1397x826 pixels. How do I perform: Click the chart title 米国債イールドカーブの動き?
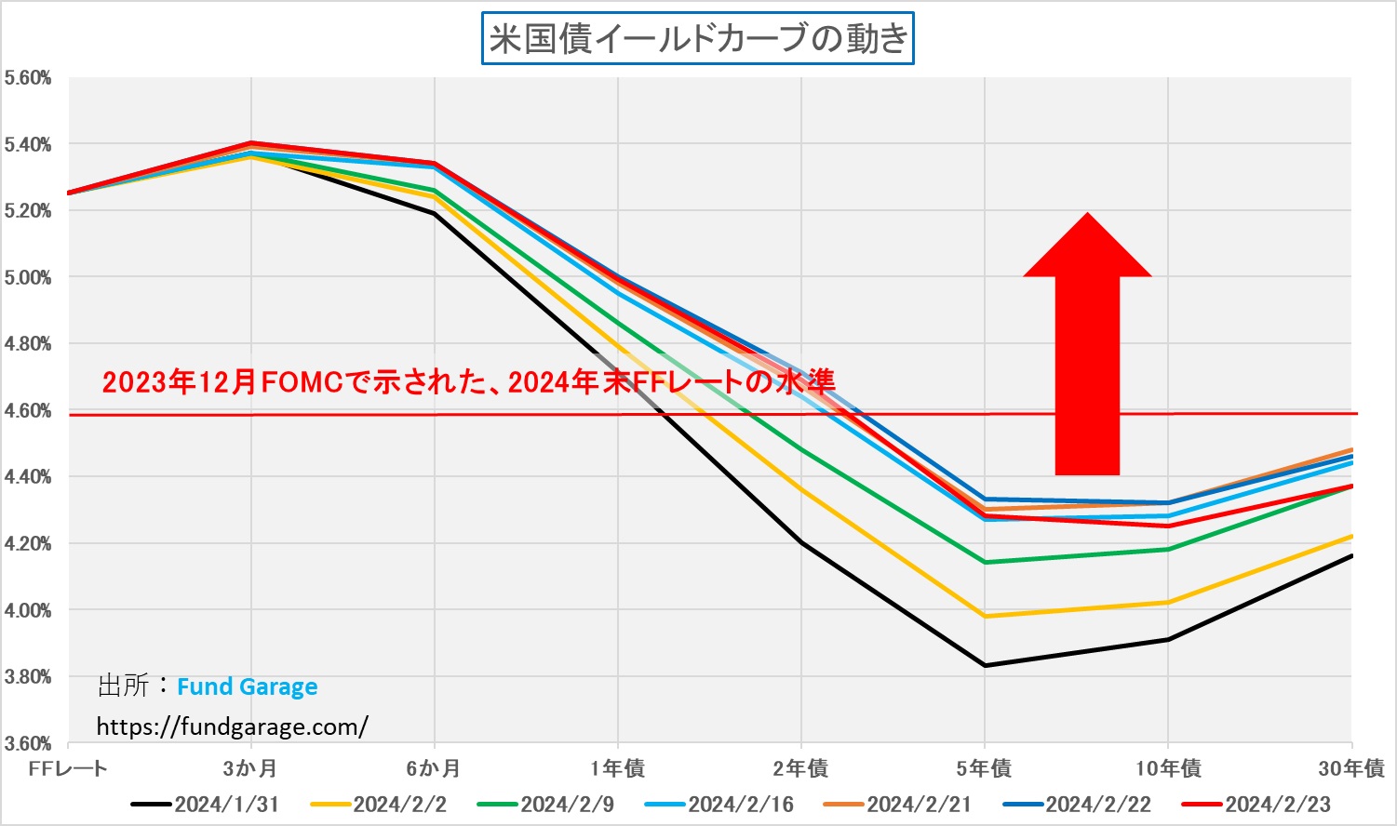click(x=697, y=38)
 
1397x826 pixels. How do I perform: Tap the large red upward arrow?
click(x=1087, y=353)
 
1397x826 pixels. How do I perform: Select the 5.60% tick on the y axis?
click(x=27, y=78)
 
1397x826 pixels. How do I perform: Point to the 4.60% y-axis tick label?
click(x=27, y=410)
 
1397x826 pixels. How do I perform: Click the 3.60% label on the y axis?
click(x=27, y=743)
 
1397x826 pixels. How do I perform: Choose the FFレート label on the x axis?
click(x=68, y=768)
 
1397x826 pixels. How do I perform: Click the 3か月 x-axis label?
click(x=250, y=768)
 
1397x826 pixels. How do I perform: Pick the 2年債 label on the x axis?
click(x=800, y=768)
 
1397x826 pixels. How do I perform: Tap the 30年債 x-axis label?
click(x=1350, y=768)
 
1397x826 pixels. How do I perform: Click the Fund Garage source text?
click(x=247, y=686)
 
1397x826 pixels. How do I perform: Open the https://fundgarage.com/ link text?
click(x=232, y=726)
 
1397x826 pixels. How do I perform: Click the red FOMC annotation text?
click(x=468, y=381)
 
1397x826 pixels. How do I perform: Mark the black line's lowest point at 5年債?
click(x=985, y=665)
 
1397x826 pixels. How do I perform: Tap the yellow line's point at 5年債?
click(x=985, y=616)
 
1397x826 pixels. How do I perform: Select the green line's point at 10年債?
click(x=1168, y=549)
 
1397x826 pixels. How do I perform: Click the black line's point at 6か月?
click(x=435, y=214)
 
